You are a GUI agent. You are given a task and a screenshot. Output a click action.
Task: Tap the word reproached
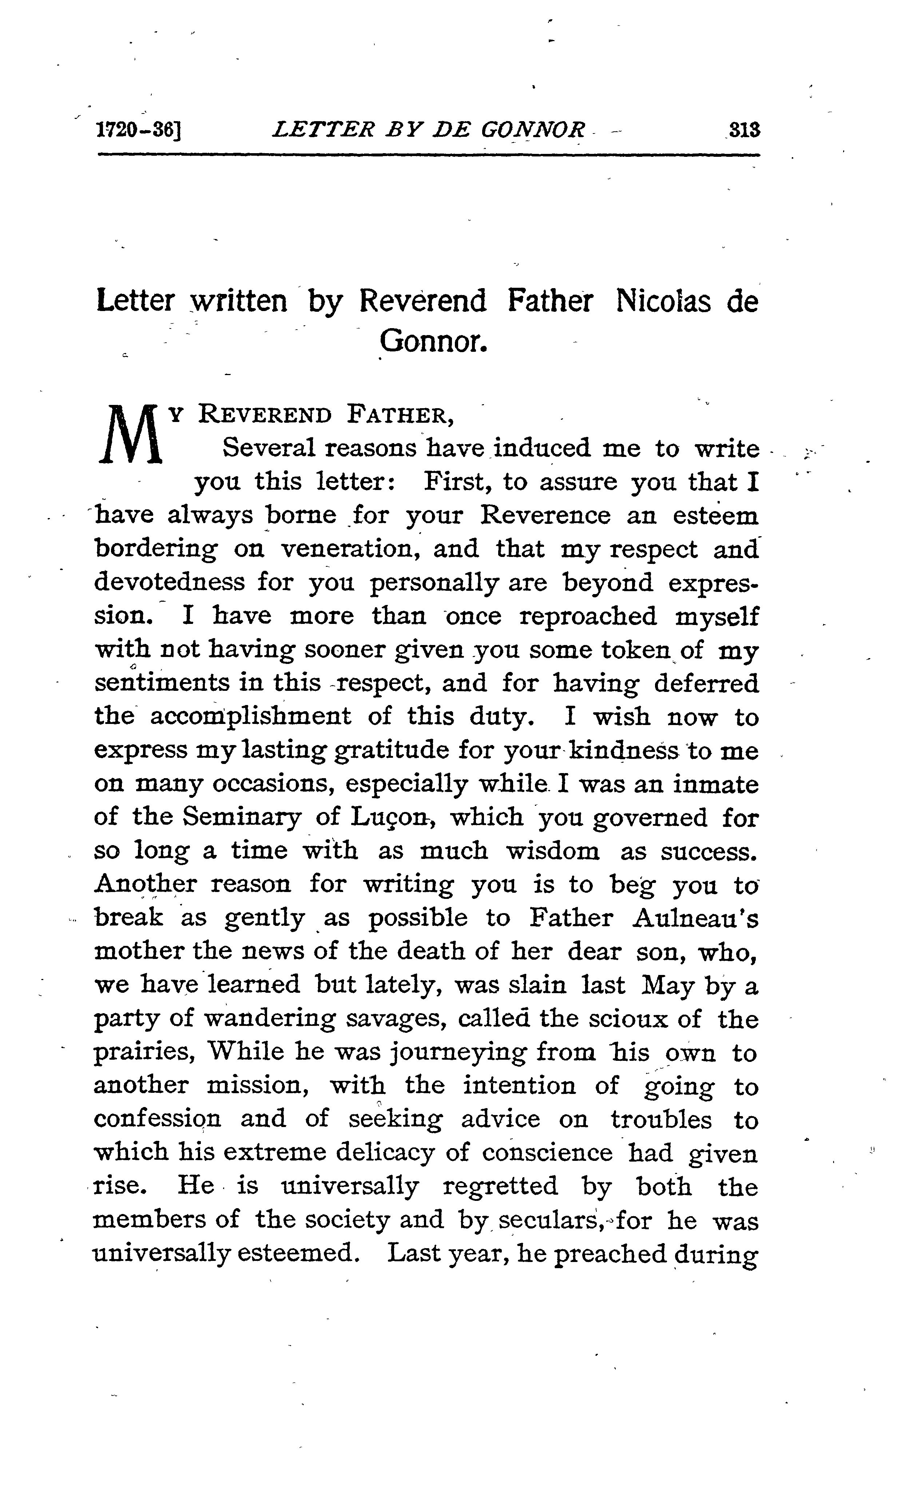point(588,616)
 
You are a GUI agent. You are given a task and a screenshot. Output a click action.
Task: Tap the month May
point(667,986)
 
